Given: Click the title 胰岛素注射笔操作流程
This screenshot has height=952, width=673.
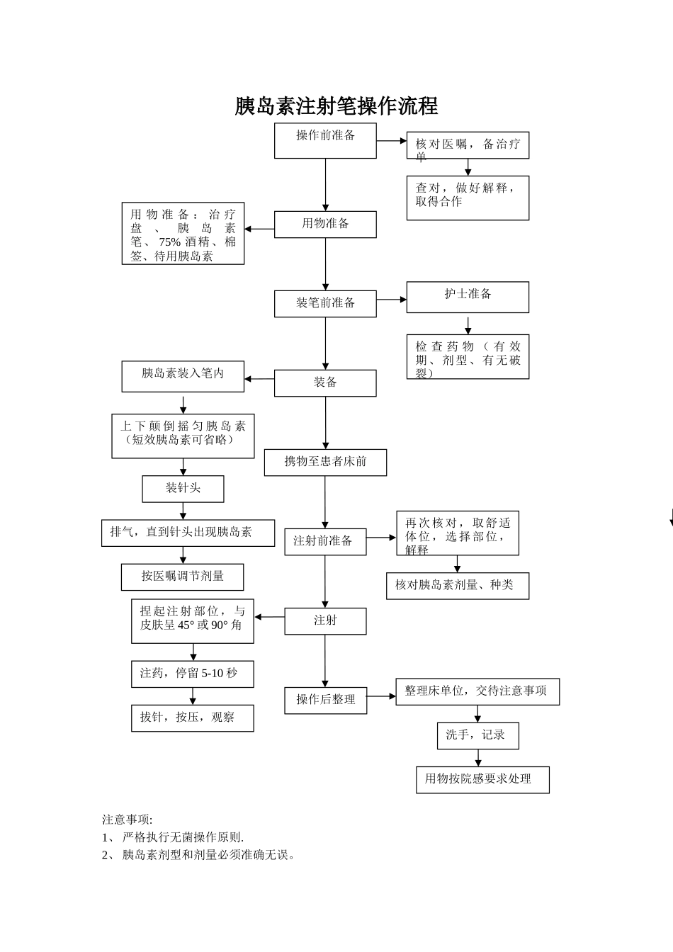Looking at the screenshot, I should point(336,106).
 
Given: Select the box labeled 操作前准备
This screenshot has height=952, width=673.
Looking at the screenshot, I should point(325,140).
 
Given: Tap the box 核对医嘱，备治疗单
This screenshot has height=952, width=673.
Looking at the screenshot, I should point(468,145).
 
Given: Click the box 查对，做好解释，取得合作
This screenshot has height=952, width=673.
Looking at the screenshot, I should point(468,198).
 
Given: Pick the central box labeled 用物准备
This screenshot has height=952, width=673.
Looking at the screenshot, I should point(325,224).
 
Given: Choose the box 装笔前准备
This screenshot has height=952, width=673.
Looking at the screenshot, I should point(325,303).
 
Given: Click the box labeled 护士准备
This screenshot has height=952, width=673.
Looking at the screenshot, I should point(468,297).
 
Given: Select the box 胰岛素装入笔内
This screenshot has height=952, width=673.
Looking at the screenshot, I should point(183,376).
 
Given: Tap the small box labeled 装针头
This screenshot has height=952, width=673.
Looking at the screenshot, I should point(183,489).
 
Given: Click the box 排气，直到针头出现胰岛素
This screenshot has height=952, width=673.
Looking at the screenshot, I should point(188,533).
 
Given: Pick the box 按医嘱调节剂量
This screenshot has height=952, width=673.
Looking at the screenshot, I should point(182,577).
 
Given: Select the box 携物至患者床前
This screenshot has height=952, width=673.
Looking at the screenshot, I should point(325,462).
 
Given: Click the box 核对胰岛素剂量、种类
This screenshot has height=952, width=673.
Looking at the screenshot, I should point(457,586).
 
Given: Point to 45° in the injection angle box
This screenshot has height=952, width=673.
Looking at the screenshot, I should point(186,625).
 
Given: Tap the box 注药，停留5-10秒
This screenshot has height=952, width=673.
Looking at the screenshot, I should point(192,674).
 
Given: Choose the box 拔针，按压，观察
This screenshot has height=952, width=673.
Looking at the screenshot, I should point(192,718).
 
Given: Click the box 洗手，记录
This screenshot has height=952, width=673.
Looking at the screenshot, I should point(477,735).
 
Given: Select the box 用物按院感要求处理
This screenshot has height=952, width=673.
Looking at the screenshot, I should point(482,779).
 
